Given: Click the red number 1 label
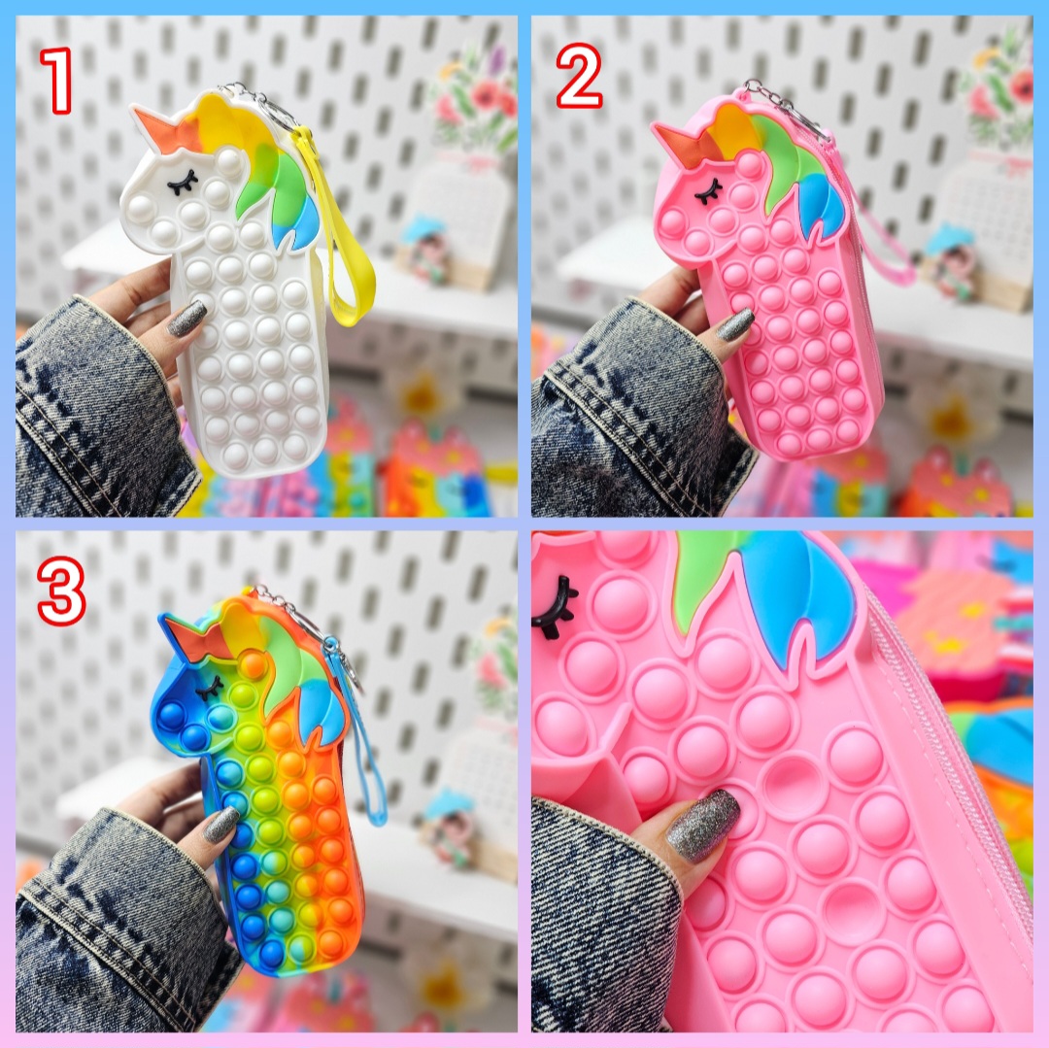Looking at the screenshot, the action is pyautogui.click(x=57, y=80).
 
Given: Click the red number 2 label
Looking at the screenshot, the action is pyautogui.click(x=579, y=76).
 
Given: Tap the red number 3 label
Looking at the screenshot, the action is pyautogui.click(x=61, y=592).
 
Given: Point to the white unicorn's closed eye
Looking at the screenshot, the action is pyautogui.click(x=183, y=182).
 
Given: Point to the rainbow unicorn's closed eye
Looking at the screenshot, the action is pyautogui.click(x=210, y=687).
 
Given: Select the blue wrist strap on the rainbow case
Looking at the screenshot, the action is pyautogui.click(x=364, y=735).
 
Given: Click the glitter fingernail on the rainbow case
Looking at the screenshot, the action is pyautogui.click(x=221, y=825).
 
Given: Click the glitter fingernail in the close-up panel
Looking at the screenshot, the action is pyautogui.click(x=703, y=824).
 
